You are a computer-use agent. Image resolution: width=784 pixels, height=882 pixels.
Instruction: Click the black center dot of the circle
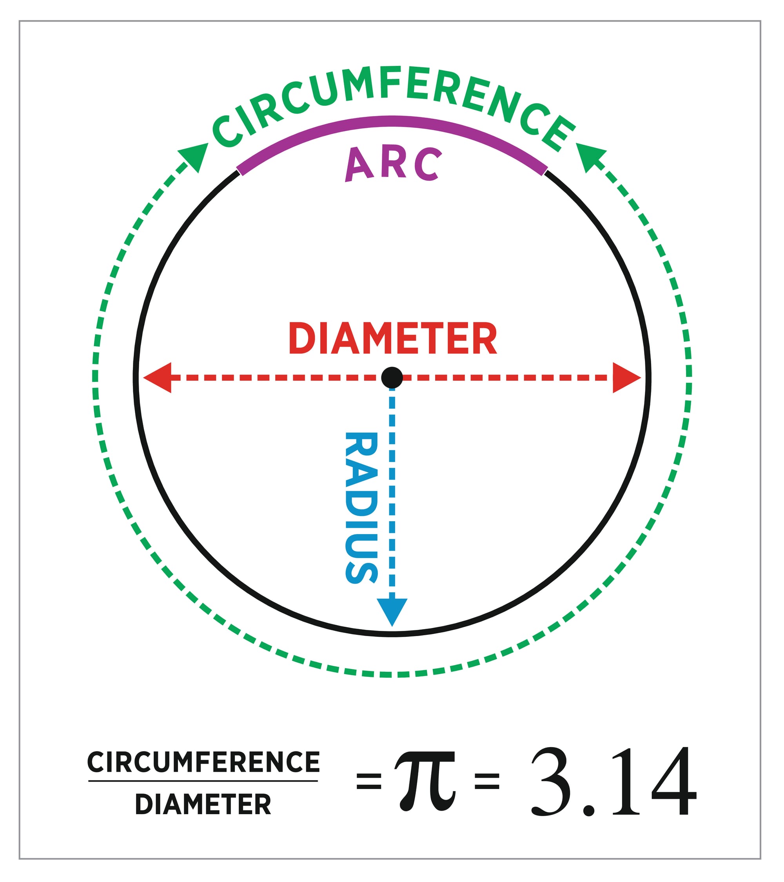click(x=392, y=378)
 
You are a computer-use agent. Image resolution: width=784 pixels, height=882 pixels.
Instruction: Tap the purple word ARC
click(x=393, y=164)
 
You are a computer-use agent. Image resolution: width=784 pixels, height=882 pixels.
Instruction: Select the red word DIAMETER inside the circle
click(x=392, y=339)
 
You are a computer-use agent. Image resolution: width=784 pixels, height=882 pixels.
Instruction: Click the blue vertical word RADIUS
click(x=362, y=508)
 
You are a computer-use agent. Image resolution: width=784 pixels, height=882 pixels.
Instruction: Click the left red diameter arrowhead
click(x=158, y=378)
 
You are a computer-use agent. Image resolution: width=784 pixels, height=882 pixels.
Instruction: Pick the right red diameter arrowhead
click(x=625, y=378)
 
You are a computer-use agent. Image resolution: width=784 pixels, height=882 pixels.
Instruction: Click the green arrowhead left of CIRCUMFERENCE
click(x=194, y=156)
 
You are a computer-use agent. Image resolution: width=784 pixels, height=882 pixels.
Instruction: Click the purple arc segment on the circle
click(x=392, y=122)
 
